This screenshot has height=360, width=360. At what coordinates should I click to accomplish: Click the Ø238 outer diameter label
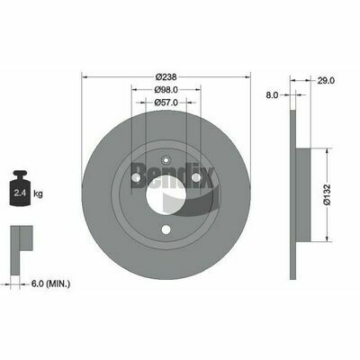point(166,77)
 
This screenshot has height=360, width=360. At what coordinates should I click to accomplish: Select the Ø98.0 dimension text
point(166,89)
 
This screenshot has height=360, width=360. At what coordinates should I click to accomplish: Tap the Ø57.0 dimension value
point(166,103)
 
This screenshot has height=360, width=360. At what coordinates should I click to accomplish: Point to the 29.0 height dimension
point(326,80)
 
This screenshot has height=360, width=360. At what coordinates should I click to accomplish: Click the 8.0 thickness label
point(273,95)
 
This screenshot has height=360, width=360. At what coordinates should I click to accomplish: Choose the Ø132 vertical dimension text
point(328,194)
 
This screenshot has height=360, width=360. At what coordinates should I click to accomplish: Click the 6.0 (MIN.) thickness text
point(50,283)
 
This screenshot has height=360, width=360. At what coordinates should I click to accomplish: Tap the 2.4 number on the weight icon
point(21,193)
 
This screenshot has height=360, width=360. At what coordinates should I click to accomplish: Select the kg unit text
point(38,193)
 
